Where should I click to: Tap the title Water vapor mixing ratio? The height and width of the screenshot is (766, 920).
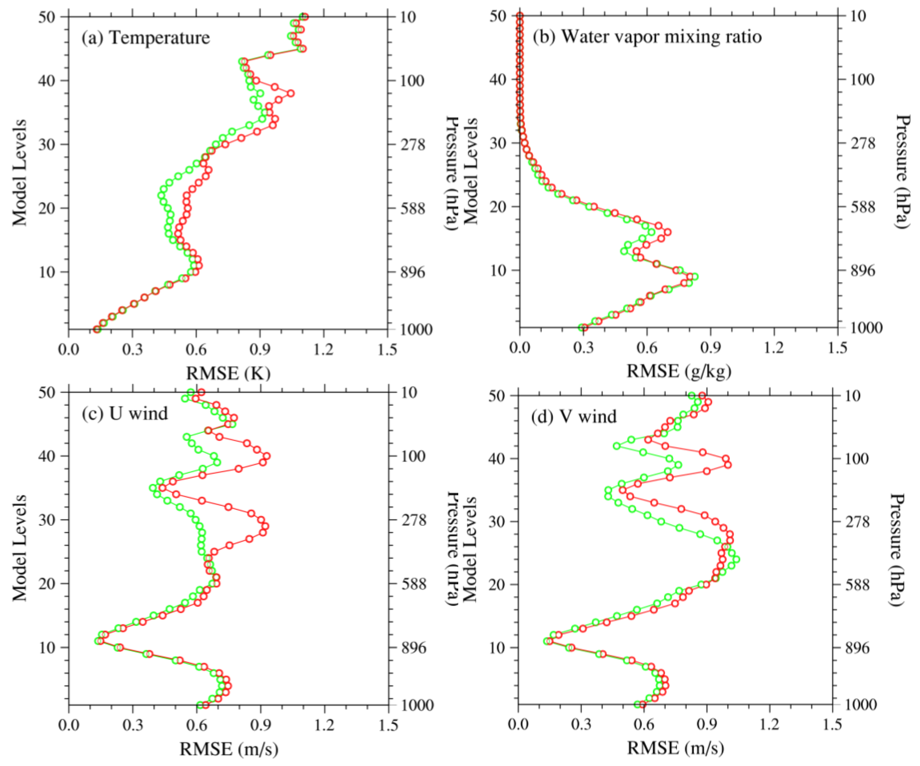tap(647, 36)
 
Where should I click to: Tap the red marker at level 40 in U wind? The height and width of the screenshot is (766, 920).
tap(267, 456)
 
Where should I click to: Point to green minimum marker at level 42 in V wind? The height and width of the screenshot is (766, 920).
tap(617, 446)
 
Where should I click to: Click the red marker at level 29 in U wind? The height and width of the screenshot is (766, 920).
tap(265, 526)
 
